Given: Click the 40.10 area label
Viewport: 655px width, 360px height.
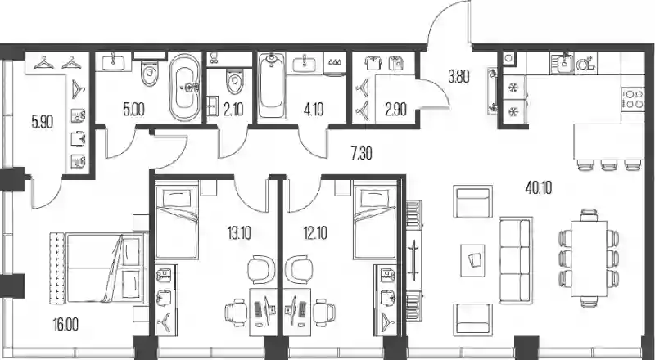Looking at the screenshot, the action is click(538, 188).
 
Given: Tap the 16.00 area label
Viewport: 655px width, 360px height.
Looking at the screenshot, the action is click(65, 324).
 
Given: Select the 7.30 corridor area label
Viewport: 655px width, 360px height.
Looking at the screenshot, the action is click(361, 154).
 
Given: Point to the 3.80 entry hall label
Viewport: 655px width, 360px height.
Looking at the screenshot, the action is click(458, 77).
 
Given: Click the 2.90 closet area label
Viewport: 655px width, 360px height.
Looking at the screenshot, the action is click(395, 110).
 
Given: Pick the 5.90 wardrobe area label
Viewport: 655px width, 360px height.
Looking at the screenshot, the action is click(43, 122).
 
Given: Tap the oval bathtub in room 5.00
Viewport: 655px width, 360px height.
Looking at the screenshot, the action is click(185, 88).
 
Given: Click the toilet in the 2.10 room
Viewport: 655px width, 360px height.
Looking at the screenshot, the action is click(234, 82).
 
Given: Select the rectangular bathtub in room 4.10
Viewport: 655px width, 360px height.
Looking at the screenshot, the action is click(271, 86).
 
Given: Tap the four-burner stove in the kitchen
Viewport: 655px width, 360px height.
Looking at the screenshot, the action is click(632, 99).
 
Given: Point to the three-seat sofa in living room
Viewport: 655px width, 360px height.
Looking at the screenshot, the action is click(516, 259).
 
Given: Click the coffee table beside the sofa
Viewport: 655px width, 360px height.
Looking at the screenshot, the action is click(472, 260).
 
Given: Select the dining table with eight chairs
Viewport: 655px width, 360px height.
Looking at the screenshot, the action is click(589, 259).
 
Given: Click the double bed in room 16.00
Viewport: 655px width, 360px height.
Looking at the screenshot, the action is click(98, 268).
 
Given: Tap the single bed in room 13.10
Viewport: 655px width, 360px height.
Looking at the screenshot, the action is click(176, 223).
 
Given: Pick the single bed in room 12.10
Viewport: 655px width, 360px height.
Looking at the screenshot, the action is click(375, 223).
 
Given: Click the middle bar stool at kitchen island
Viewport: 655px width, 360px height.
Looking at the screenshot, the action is click(608, 165).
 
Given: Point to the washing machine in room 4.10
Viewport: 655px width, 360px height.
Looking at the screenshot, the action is click(335, 64).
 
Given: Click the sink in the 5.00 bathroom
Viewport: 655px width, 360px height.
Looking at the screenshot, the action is click(113, 62).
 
